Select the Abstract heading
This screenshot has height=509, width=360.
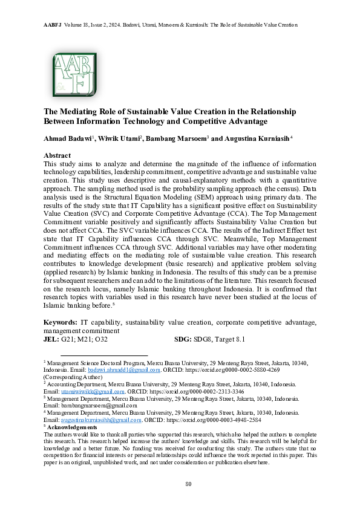pos(57,155)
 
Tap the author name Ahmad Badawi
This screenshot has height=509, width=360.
pos(67,138)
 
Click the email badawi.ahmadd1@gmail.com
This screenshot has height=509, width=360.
pos(124,369)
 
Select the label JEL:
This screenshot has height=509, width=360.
pos(51,339)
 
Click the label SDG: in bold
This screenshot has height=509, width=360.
pos(183,339)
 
